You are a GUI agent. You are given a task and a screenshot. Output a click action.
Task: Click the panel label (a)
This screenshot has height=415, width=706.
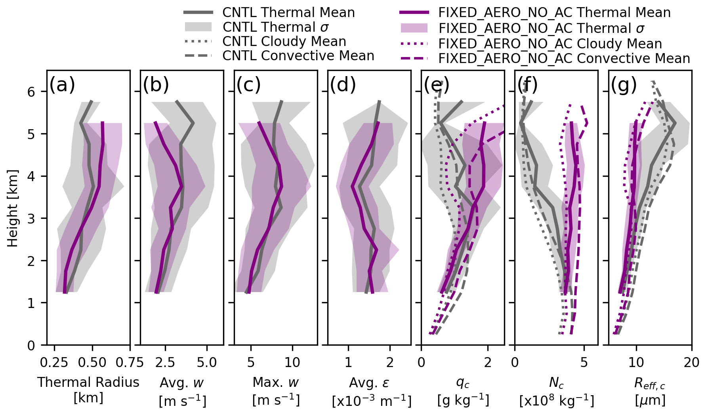[62, 85]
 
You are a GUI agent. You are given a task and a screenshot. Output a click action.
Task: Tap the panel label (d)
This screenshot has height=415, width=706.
[343, 85]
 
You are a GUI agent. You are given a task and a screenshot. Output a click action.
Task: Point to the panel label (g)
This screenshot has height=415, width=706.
[624, 85]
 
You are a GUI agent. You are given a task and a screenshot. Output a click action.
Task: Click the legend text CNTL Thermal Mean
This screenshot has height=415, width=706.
[288, 13]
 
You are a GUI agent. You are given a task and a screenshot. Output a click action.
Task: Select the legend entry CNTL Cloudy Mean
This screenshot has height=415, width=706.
[284, 42]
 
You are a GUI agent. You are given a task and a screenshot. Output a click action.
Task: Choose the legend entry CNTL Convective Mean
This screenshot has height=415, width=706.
[298, 56]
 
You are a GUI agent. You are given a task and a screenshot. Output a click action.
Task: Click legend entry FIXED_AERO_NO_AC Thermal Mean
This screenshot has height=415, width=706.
[554, 13]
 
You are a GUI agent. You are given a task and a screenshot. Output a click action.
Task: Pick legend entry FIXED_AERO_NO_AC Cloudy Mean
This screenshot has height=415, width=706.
[550, 44]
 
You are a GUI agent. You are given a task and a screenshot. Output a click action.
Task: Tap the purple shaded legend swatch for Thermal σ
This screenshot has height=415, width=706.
[414, 28]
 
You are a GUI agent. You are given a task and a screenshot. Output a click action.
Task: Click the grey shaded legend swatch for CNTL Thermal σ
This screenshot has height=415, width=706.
[198, 27]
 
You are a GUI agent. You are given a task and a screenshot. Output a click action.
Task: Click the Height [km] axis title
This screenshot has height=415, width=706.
[13, 208]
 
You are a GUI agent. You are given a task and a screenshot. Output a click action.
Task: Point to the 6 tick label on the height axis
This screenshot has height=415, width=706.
[32, 92]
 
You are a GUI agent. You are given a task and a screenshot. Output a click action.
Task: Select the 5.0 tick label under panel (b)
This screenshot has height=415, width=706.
[206, 362]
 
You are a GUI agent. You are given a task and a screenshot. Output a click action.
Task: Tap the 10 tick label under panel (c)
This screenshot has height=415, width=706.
[292, 362]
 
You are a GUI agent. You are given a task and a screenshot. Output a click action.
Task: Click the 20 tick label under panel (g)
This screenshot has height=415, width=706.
[691, 362]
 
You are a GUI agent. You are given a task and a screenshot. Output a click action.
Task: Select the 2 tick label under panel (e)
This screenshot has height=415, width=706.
[488, 362]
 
